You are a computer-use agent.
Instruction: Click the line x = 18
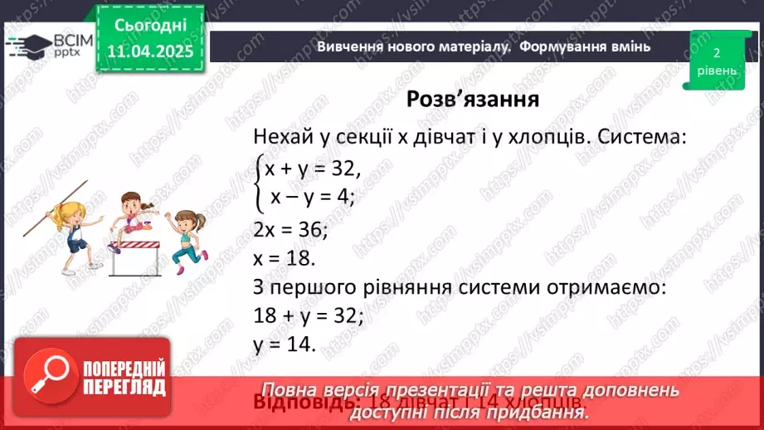point(285,257)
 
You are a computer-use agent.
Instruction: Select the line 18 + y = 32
point(309,315)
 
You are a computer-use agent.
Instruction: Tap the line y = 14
point(285,344)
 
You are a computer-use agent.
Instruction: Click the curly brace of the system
point(259,182)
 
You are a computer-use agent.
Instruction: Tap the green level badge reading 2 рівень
point(715,60)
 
